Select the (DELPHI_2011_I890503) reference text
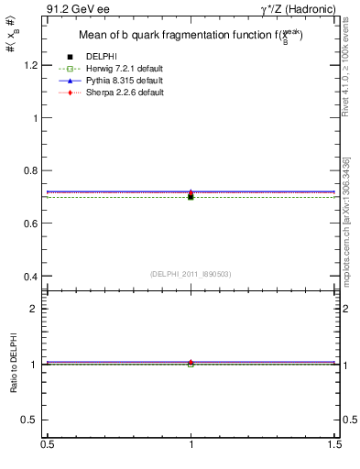point(191,274)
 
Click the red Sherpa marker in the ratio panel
point(191,362)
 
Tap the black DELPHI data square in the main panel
point(191,197)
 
